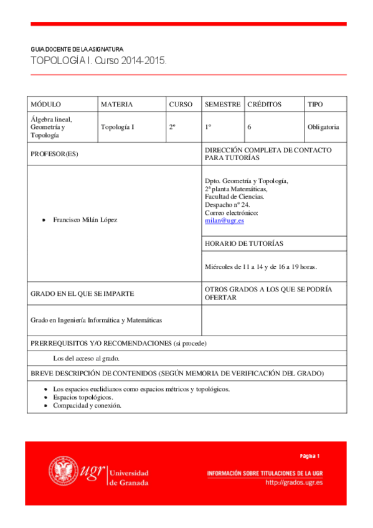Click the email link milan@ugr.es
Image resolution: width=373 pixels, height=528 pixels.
point(224,221)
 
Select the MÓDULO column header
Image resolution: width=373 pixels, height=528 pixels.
point(45,105)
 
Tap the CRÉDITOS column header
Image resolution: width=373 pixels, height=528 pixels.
point(264,105)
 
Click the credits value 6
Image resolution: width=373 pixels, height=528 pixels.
point(249,127)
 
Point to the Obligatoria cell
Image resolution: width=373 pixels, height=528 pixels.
point(323,127)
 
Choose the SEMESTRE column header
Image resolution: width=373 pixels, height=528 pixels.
point(222,105)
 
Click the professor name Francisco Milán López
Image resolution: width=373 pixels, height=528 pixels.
point(85,220)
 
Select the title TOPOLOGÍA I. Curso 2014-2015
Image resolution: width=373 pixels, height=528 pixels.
point(99,62)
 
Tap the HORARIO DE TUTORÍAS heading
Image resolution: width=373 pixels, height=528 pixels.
point(244,243)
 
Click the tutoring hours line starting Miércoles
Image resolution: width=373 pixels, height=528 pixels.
point(261,266)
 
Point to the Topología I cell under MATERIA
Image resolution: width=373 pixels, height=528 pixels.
point(118,127)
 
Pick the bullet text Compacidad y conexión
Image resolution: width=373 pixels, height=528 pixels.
point(87,405)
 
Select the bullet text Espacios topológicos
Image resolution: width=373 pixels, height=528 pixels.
point(83,397)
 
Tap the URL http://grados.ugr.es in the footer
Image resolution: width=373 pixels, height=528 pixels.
point(294,483)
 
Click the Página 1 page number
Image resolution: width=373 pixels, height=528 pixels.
point(309,455)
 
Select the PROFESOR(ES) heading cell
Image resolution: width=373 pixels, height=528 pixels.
point(55,154)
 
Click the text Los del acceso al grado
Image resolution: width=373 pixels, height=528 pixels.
point(87,359)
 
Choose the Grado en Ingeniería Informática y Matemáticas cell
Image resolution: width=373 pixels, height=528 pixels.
point(97,320)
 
